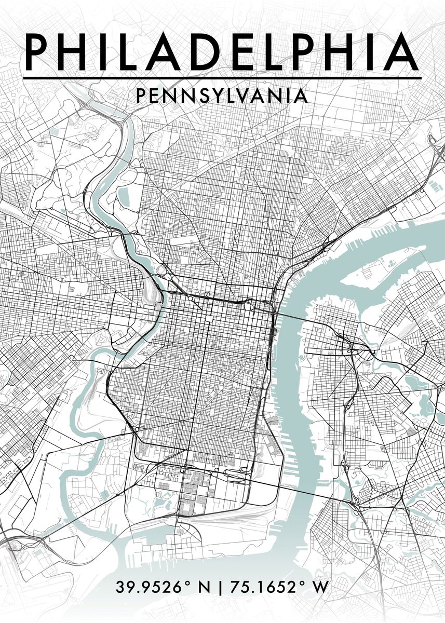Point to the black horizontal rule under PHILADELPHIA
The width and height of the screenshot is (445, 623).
click(x=222, y=78)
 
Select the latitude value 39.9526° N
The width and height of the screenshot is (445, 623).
click(x=163, y=588)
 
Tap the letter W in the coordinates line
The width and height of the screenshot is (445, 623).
click(x=320, y=588)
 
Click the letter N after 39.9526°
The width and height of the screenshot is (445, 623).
click(x=205, y=588)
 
